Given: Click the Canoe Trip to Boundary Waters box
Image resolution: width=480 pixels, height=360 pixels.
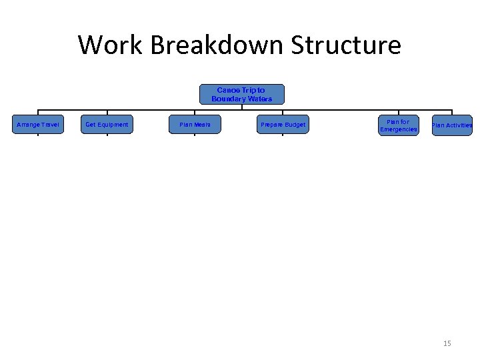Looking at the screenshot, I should pos(241,94).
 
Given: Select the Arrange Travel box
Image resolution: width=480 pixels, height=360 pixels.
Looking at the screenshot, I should pos(38,125).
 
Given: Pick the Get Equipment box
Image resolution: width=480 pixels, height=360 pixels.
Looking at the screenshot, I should pos(107,125).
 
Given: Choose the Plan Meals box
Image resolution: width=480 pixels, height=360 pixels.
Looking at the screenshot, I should pos(195,125).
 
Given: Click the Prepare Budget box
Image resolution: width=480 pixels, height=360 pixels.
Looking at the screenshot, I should pos(283,125).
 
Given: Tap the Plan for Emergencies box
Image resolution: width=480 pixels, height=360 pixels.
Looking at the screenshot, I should pos(398,125).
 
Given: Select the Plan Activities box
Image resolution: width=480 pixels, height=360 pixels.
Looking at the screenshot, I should pos(452,125).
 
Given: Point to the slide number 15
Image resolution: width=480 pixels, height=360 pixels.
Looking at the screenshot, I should pos(447,343).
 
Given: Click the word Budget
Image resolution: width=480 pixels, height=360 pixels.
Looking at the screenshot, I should pos(294,125).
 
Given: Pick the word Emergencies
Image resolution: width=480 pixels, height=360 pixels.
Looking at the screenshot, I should pos(398,129).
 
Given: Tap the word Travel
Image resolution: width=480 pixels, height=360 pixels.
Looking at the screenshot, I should pos(49,125).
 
